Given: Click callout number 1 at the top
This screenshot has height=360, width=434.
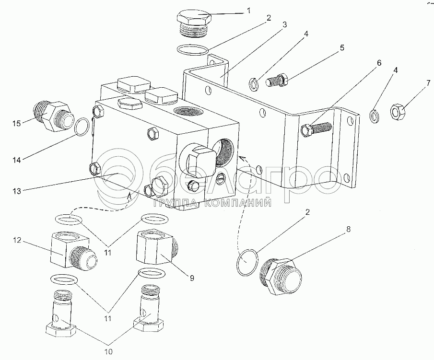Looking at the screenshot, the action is point(248,11).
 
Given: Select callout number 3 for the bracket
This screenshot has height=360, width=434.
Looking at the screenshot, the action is point(284,24).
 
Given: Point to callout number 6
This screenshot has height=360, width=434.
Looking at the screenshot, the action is point(379,63).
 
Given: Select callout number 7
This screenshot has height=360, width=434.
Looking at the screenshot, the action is point(428,83).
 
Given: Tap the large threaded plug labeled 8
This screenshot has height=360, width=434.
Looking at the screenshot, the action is point(281,277).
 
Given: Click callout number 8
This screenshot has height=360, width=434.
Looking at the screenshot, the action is point(348,229).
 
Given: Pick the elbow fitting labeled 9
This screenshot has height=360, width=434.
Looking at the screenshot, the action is point(155,249).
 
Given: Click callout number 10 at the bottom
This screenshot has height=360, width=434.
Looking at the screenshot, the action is point(108,352).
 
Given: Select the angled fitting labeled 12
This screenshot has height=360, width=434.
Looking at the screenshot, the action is point(74,250).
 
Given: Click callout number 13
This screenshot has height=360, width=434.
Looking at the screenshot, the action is point(17,191).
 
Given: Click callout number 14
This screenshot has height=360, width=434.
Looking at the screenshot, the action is point(17,160).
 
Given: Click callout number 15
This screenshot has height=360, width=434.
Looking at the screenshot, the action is point(16,123).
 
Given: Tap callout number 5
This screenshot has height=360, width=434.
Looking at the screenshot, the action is point(342,47).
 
